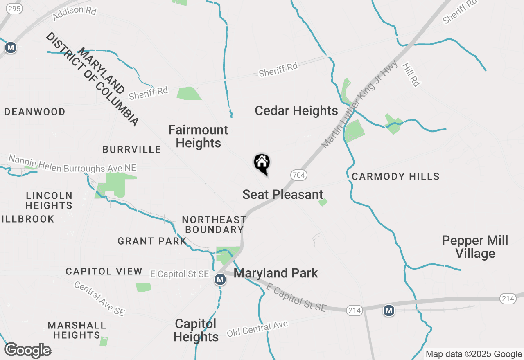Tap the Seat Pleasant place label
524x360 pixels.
tap(283, 194)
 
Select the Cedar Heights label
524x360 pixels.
tap(296, 110)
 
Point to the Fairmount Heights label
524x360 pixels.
tap(199, 136)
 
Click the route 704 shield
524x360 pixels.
tap(299, 175)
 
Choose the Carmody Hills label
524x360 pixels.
tap(395, 176)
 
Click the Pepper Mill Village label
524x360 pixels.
tap(475, 247)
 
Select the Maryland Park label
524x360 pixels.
tap(276, 273)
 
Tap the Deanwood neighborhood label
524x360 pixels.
tap(35, 112)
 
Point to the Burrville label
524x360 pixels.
tap(132, 149)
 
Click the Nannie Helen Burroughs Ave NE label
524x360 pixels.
tap(72, 164)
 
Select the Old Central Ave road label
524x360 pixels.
tap(257, 328)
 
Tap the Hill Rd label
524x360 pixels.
tap(411, 74)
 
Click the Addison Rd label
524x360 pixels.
tap(75, 11)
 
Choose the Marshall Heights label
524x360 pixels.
tap(77, 330)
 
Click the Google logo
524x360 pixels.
tap(27, 350)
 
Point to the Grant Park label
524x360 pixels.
tap(152, 241)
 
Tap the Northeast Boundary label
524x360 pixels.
tap(214, 225)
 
